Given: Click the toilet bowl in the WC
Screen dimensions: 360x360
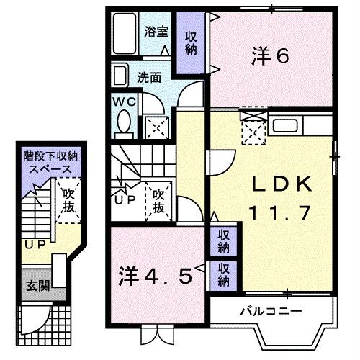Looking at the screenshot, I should (x=123, y=124).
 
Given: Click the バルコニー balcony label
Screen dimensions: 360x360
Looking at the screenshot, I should (x=270, y=311).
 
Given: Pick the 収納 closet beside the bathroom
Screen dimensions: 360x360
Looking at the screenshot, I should (x=191, y=43).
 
